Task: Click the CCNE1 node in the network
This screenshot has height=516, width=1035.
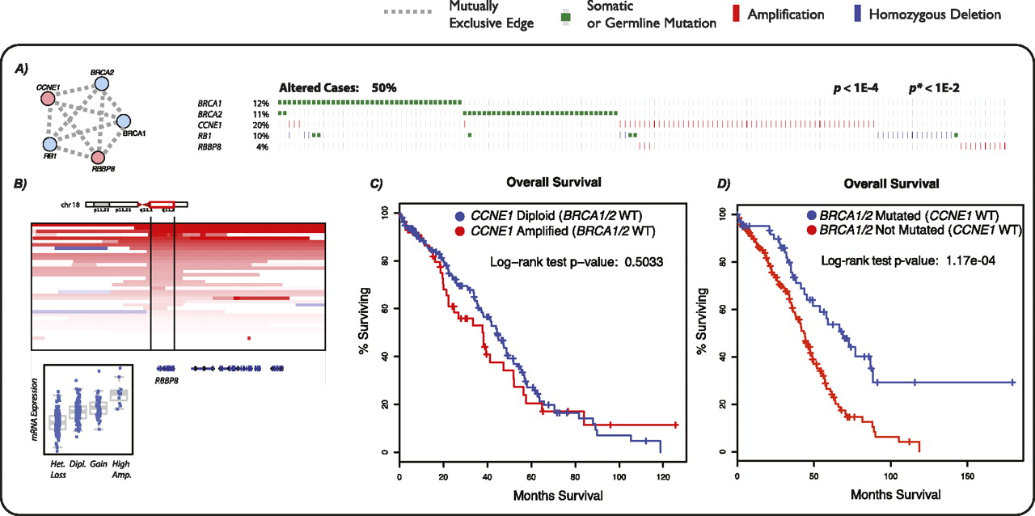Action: click(48, 99)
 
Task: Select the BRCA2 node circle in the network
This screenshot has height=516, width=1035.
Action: click(102, 83)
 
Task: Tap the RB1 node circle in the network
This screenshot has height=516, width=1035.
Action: click(50, 144)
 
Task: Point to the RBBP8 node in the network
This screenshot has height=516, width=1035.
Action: click(99, 157)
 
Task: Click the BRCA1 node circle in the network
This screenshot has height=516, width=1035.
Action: click(124, 122)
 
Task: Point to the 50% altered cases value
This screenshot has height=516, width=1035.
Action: click(384, 87)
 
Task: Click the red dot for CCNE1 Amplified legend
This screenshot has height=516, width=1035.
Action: click(458, 232)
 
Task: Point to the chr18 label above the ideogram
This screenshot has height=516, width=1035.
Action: click(70, 205)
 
